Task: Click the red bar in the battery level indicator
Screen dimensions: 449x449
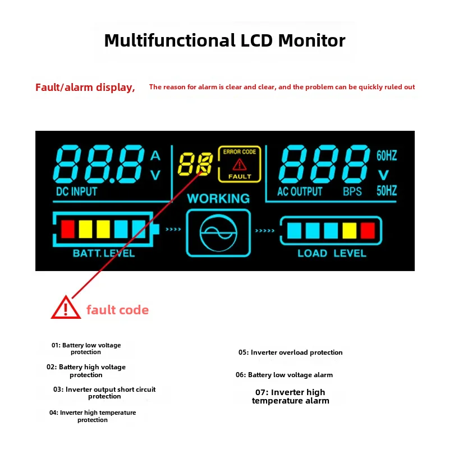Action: tap(68, 229)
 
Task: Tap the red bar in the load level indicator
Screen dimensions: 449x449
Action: tap(368, 231)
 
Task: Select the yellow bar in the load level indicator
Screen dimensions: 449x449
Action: tap(349, 231)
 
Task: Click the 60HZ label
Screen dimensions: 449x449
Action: tap(387, 155)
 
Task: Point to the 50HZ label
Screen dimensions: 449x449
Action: tap(387, 190)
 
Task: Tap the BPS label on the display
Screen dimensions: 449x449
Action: tap(352, 191)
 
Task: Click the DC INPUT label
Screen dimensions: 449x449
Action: tap(76, 191)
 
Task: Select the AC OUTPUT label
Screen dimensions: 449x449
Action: tap(300, 191)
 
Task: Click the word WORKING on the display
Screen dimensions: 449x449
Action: tap(218, 199)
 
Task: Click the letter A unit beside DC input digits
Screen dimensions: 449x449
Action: tap(155, 156)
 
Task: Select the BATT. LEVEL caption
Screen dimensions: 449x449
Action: tap(104, 253)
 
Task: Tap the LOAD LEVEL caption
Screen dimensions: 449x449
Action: tap(332, 253)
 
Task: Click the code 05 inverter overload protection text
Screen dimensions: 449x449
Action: tap(290, 352)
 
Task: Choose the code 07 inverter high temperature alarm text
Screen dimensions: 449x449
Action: tap(290, 396)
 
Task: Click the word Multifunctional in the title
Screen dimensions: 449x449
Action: tap(170, 40)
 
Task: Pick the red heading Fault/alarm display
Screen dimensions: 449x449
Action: tap(85, 88)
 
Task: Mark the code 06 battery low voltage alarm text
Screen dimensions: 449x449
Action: tap(284, 375)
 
